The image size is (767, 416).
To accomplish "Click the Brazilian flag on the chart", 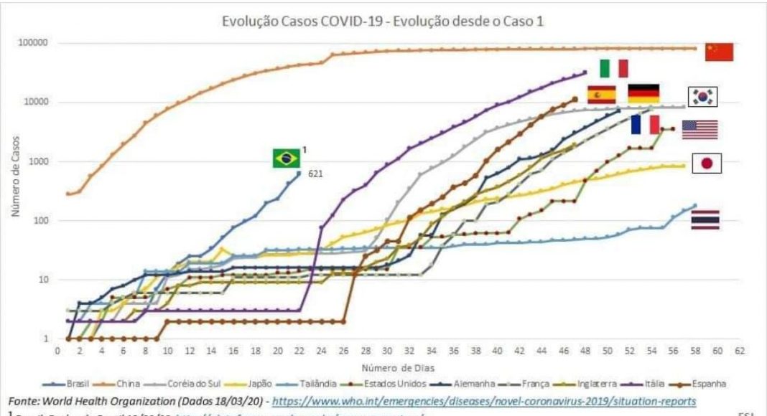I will pyautogui.click(x=286, y=158).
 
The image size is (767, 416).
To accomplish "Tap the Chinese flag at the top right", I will pyautogui.click(x=719, y=52).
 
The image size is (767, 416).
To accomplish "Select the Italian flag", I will pyautogui.click(x=614, y=68).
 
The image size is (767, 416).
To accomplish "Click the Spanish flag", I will pyautogui.click(x=601, y=95).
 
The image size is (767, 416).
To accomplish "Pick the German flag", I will pyautogui.click(x=643, y=94).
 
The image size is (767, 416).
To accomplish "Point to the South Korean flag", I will pyautogui.click(x=703, y=97).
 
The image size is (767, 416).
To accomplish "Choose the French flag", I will pyautogui.click(x=645, y=124).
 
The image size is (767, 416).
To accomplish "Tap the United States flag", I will pyautogui.click(x=699, y=130).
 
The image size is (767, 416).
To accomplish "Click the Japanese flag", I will pyautogui.click(x=707, y=164).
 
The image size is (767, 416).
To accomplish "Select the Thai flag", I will pyautogui.click(x=705, y=219).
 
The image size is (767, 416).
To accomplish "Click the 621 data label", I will pyautogui.click(x=315, y=174).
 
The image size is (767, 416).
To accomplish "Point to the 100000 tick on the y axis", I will pyautogui.click(x=33, y=43).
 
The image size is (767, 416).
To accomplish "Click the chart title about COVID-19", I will pyautogui.click(x=384, y=22).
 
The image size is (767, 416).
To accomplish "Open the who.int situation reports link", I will pyautogui.click(x=485, y=402).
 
